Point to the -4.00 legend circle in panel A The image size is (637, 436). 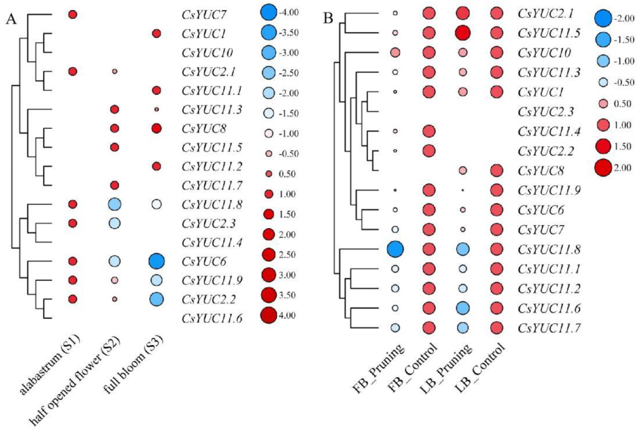click(x=269, y=13)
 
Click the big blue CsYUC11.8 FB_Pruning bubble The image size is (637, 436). click(x=395, y=249)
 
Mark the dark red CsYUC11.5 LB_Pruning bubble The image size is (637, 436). click(x=463, y=33)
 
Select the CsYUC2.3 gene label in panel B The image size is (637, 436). click(x=546, y=112)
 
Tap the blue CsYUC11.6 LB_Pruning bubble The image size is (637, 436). click(x=463, y=308)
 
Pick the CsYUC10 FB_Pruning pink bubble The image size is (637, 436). click(x=395, y=52)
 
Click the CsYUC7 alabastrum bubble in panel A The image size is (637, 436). click(x=73, y=15)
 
